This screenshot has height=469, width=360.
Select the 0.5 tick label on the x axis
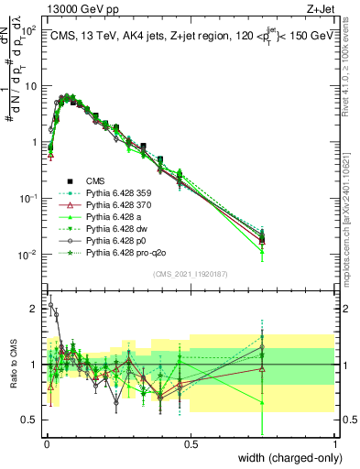click(190, 444)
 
